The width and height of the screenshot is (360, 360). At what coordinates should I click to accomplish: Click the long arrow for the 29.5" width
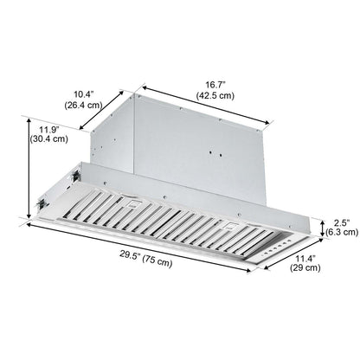tap(138, 246)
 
